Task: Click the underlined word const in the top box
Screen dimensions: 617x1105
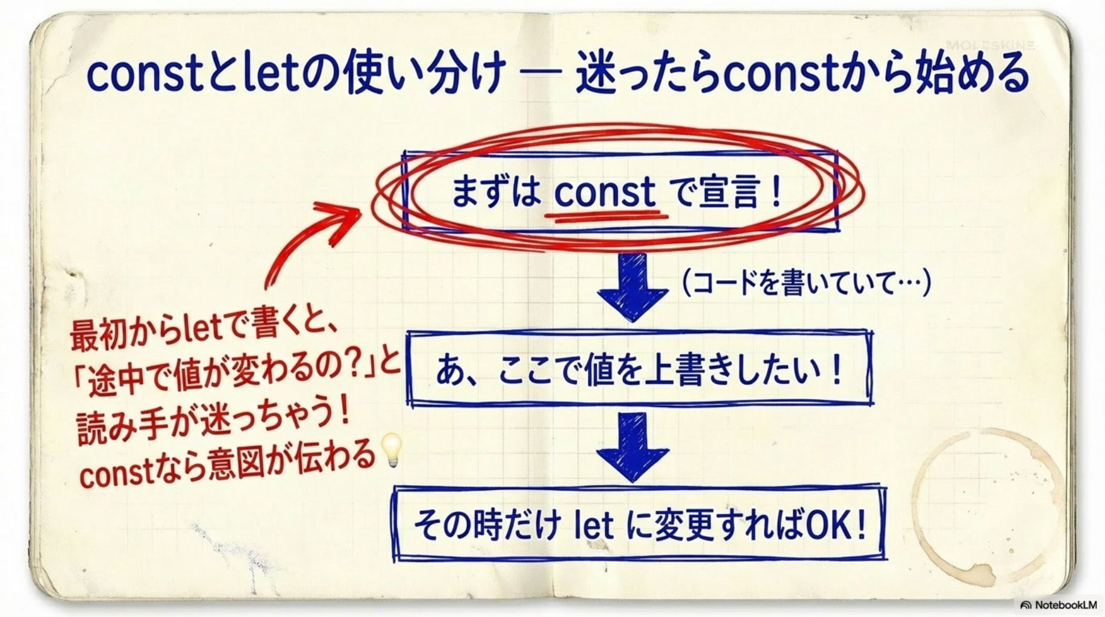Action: (604, 192)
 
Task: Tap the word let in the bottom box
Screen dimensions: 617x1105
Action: (593, 526)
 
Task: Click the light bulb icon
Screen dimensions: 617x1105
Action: (392, 450)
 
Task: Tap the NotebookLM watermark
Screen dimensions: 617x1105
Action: (1059, 604)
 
